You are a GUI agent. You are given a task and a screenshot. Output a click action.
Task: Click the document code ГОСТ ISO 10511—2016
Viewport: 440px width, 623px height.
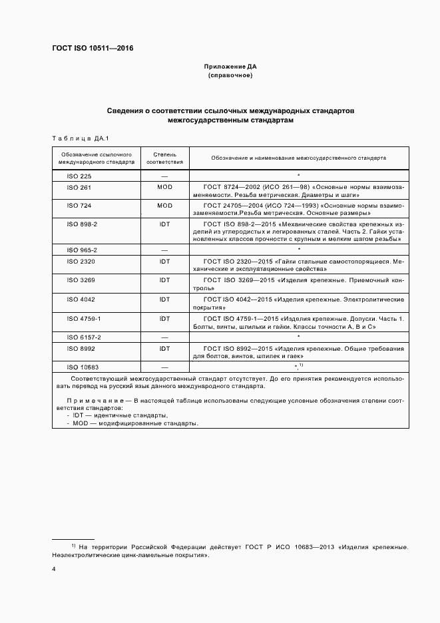pos(93,48)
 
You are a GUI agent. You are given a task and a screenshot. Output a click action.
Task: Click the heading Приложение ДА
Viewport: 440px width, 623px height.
pos(230,67)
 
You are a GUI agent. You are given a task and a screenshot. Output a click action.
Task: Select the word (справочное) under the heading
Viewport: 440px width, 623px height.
pos(230,76)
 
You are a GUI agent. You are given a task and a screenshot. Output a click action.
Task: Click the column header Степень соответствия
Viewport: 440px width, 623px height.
pos(164,158)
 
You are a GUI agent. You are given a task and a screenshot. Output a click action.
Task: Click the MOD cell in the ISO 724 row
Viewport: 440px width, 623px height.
pos(164,206)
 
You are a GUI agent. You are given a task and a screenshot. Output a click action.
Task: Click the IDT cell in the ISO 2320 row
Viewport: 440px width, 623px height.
pos(164,262)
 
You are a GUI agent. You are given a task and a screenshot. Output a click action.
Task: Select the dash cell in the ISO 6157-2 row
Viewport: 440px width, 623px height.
pos(164,337)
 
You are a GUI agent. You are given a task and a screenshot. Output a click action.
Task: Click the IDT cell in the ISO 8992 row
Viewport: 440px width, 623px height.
pos(164,348)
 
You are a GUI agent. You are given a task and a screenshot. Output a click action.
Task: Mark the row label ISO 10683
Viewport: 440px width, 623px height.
pos(82,367)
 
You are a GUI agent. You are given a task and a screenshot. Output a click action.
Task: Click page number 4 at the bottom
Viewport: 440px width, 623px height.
pos(54,570)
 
